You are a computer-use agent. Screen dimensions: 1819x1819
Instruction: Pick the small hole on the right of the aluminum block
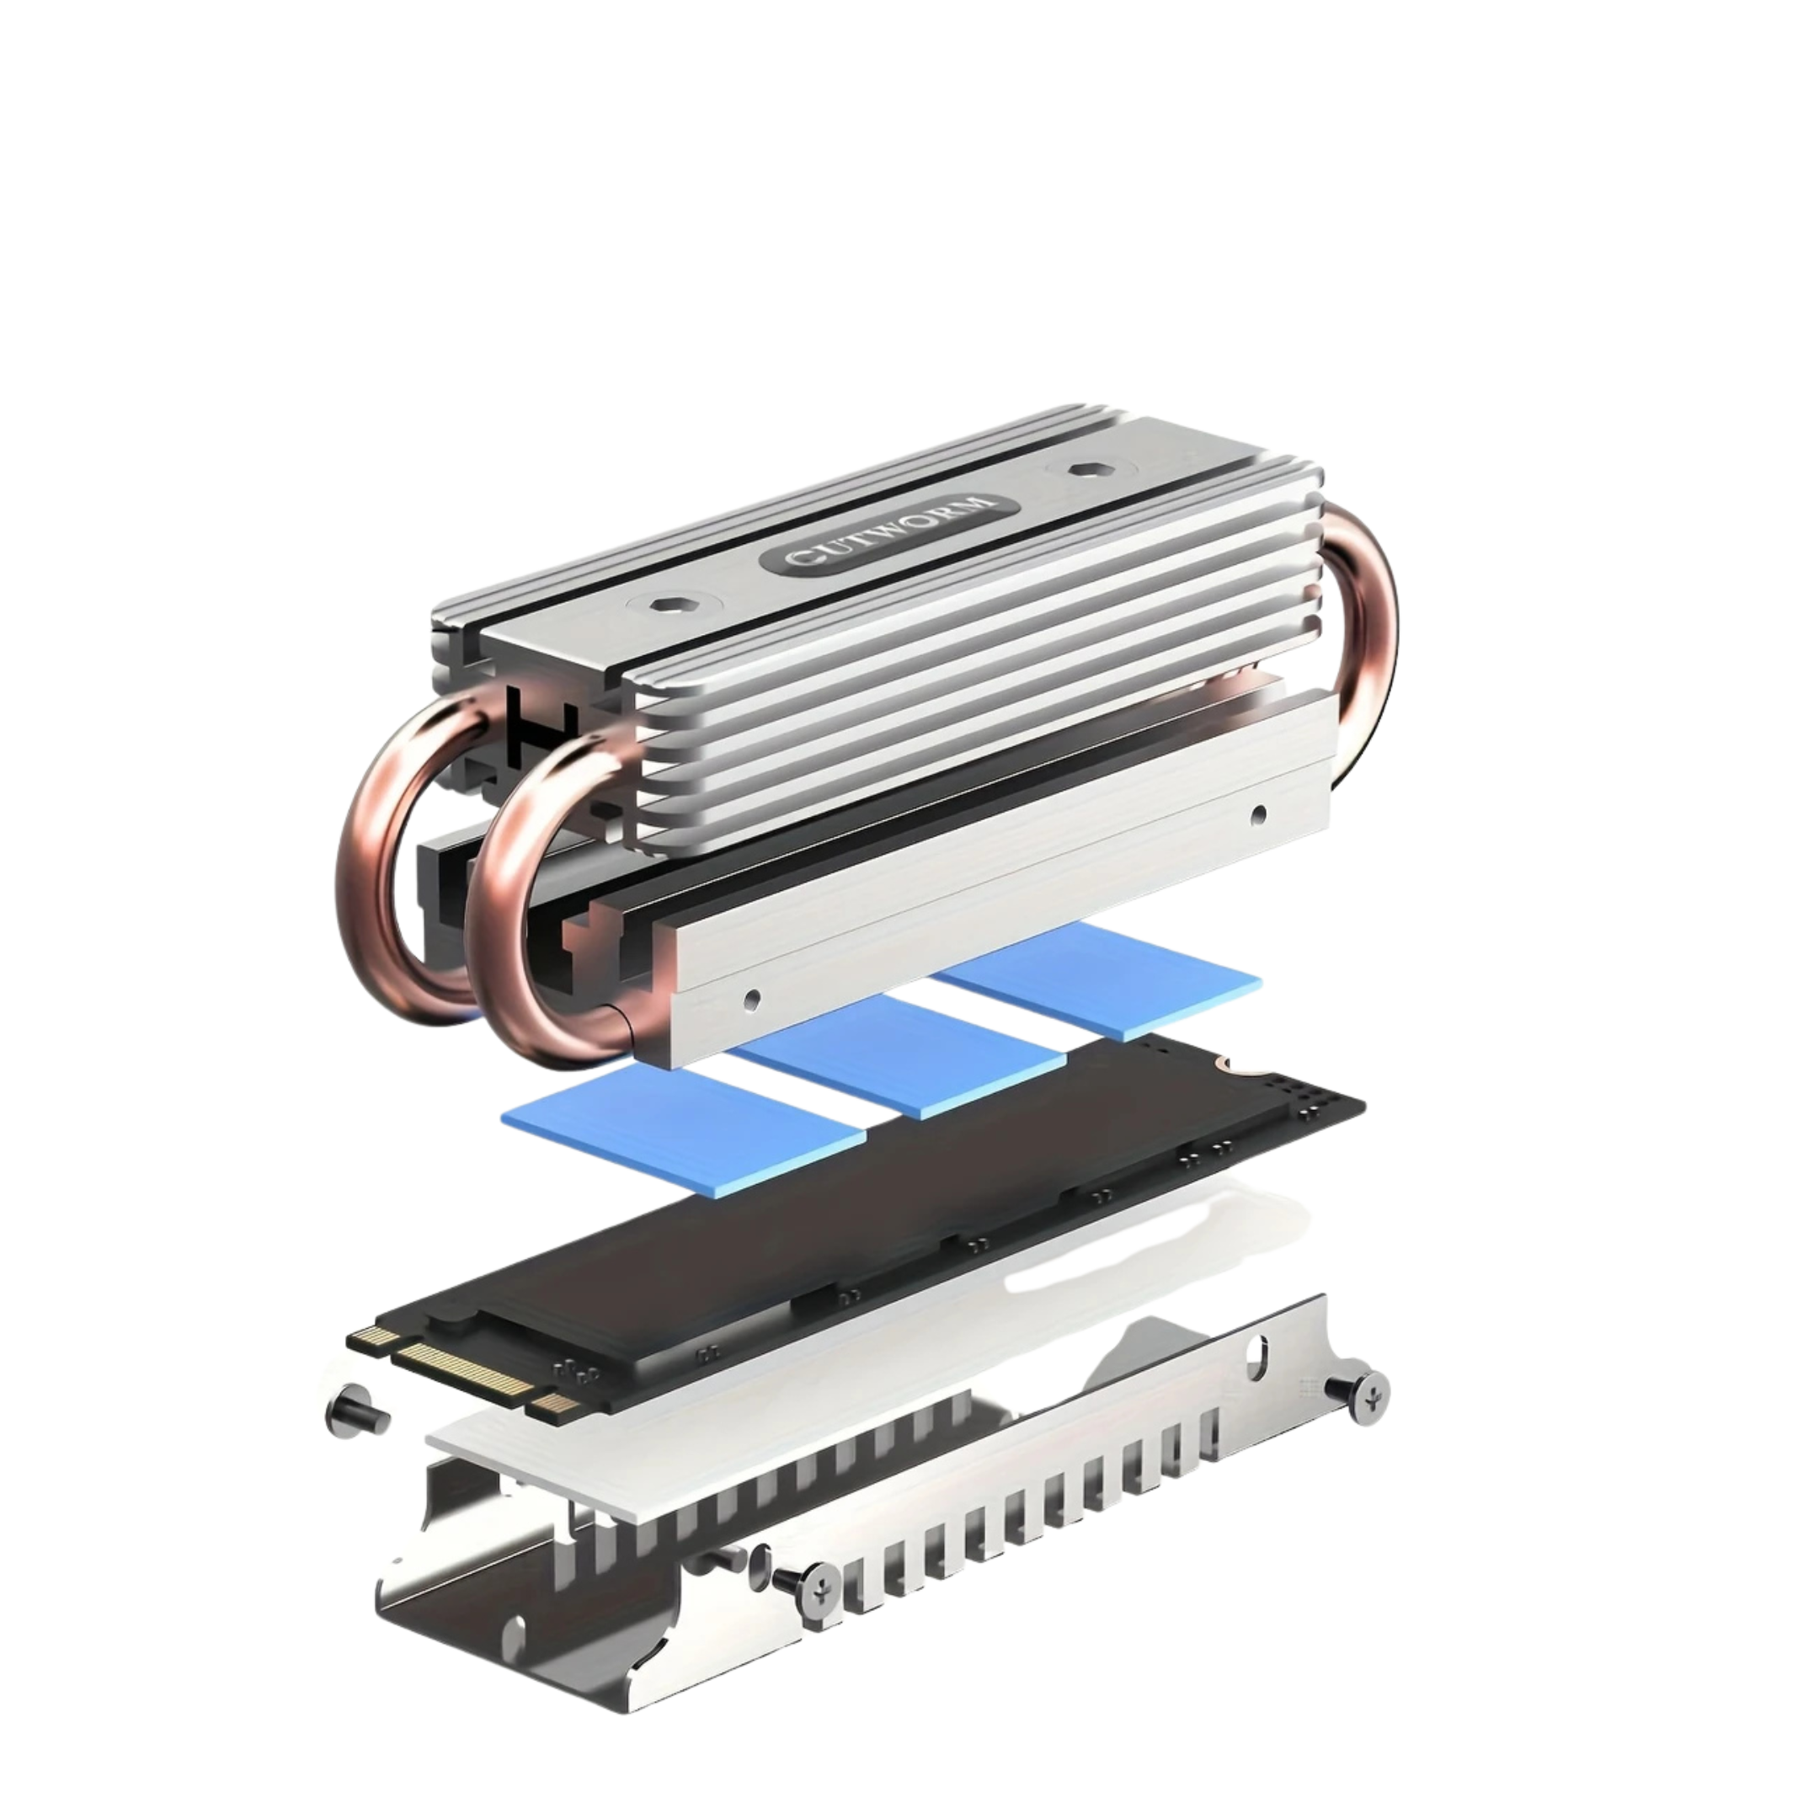1260,812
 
